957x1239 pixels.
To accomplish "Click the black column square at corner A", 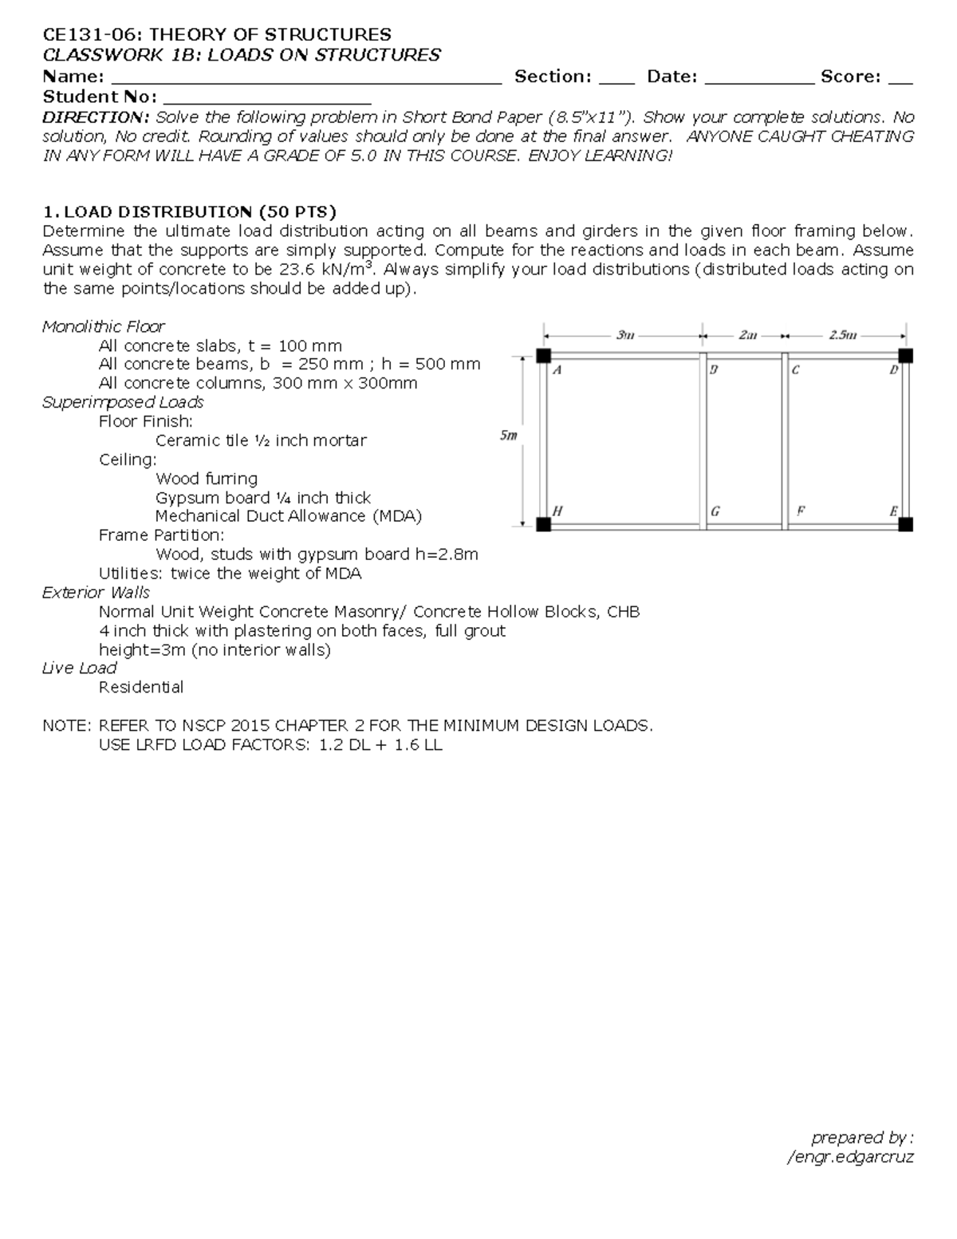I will pos(544,356).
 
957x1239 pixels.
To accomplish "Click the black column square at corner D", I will pos(905,356).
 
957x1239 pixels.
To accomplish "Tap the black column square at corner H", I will pos(544,524).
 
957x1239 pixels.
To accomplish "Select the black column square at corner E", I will pos(905,524).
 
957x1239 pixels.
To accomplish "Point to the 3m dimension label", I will pos(625,335).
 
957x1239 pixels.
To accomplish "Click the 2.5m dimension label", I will pos(843,335).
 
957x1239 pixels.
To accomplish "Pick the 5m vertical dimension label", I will pos(508,436).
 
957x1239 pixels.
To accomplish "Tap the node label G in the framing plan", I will pos(715,511).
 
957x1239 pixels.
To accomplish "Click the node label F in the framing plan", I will pos(800,511).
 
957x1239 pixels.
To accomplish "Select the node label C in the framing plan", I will pos(795,370).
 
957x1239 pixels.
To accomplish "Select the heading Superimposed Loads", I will pos(123,402).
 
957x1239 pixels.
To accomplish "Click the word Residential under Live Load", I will pos(141,687).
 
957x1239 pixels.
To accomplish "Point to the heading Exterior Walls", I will pos(96,592).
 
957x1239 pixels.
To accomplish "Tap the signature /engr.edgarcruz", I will pos(850,1157).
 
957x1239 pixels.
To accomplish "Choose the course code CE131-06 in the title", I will pos(91,34).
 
